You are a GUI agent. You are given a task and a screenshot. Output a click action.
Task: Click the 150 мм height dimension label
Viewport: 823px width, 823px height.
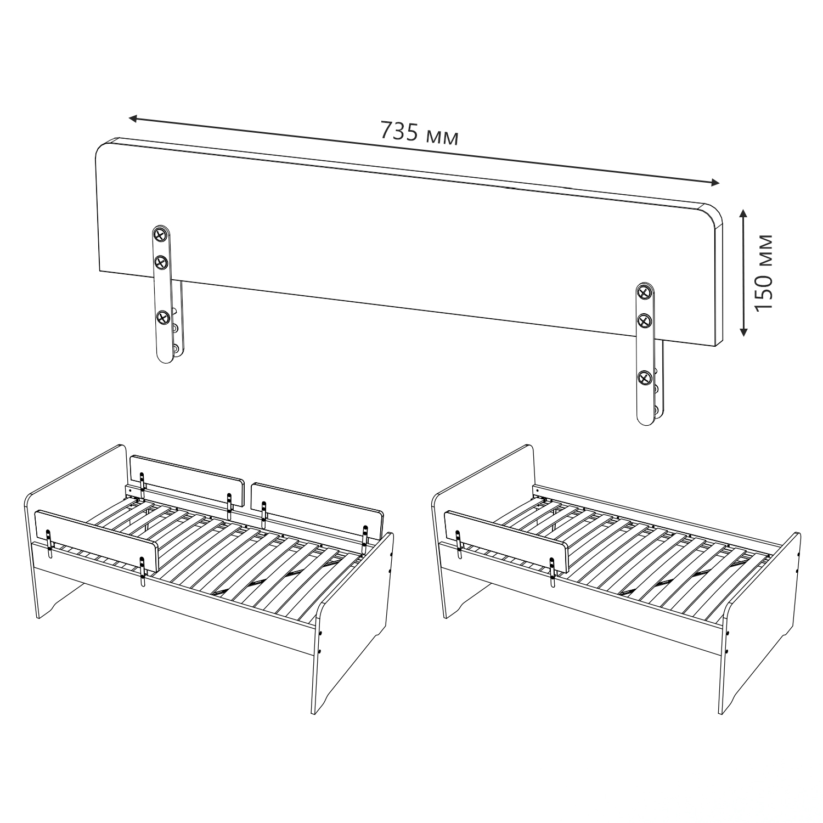pyautogui.click(x=763, y=273)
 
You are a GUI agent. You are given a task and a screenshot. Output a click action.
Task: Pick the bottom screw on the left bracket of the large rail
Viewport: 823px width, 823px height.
pyautogui.click(x=162, y=318)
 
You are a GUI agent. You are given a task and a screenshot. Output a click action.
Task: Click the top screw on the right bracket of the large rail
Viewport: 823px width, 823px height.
pyautogui.click(x=644, y=292)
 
